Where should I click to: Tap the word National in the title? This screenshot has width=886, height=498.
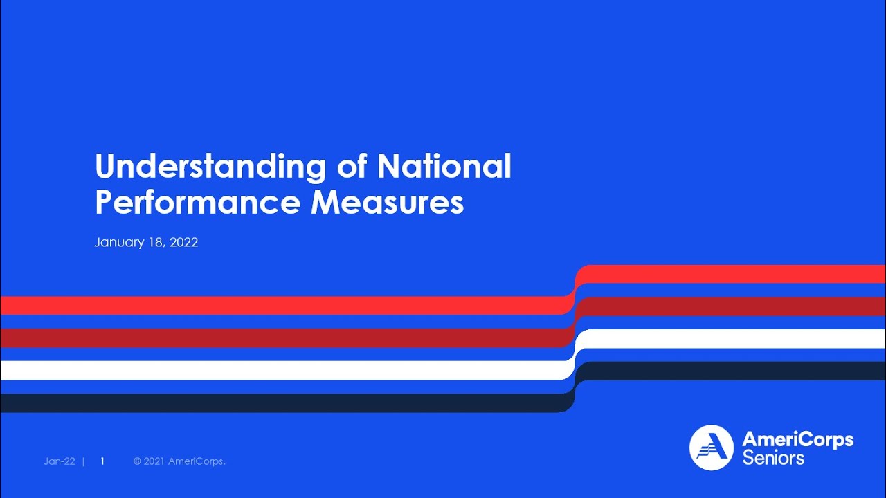[444, 167]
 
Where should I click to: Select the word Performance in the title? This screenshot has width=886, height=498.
[197, 202]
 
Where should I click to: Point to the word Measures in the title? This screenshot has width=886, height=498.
[387, 202]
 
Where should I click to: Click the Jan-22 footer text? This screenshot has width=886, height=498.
[59, 461]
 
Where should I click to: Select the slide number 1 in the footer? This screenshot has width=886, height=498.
[102, 461]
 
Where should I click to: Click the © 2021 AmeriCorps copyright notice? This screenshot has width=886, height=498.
[179, 461]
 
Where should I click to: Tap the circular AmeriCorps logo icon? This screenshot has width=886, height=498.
[711, 448]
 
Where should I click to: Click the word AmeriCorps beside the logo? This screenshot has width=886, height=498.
[797, 439]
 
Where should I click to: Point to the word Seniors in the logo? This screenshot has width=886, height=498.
[773, 458]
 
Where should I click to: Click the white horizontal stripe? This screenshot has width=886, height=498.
[277, 370]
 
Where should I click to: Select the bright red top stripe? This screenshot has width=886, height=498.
[277, 305]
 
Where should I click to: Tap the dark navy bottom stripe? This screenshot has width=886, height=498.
[277, 403]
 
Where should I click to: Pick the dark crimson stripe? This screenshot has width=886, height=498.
[277, 338]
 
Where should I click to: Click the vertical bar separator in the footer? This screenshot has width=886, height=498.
[84, 461]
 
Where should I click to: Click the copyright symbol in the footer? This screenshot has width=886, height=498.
[137, 461]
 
